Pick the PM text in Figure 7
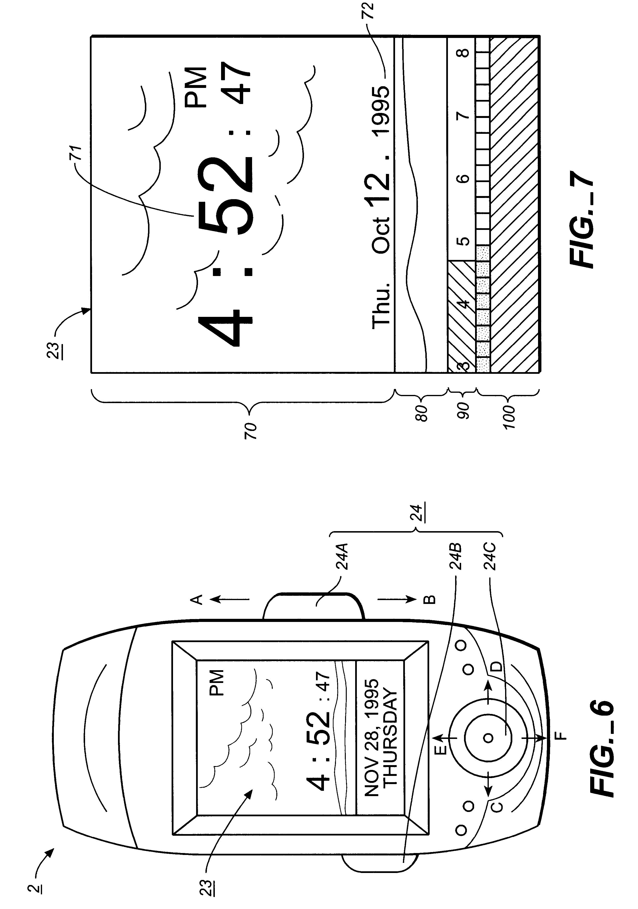(197, 87)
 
